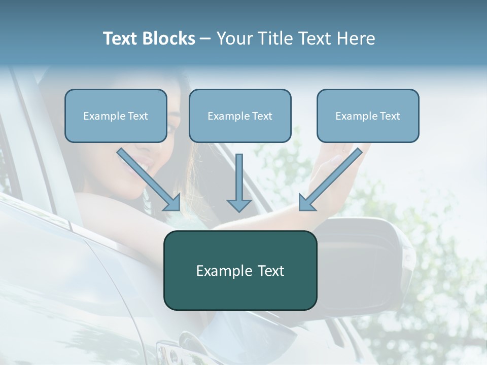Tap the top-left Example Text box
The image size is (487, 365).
[116, 116]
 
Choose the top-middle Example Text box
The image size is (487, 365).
[240, 116]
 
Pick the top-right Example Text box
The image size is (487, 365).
[368, 116]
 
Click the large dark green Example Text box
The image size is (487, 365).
[240, 270]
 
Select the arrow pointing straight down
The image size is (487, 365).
[239, 182]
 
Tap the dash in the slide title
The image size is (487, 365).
[205, 39]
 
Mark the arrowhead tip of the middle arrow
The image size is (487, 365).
[239, 211]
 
